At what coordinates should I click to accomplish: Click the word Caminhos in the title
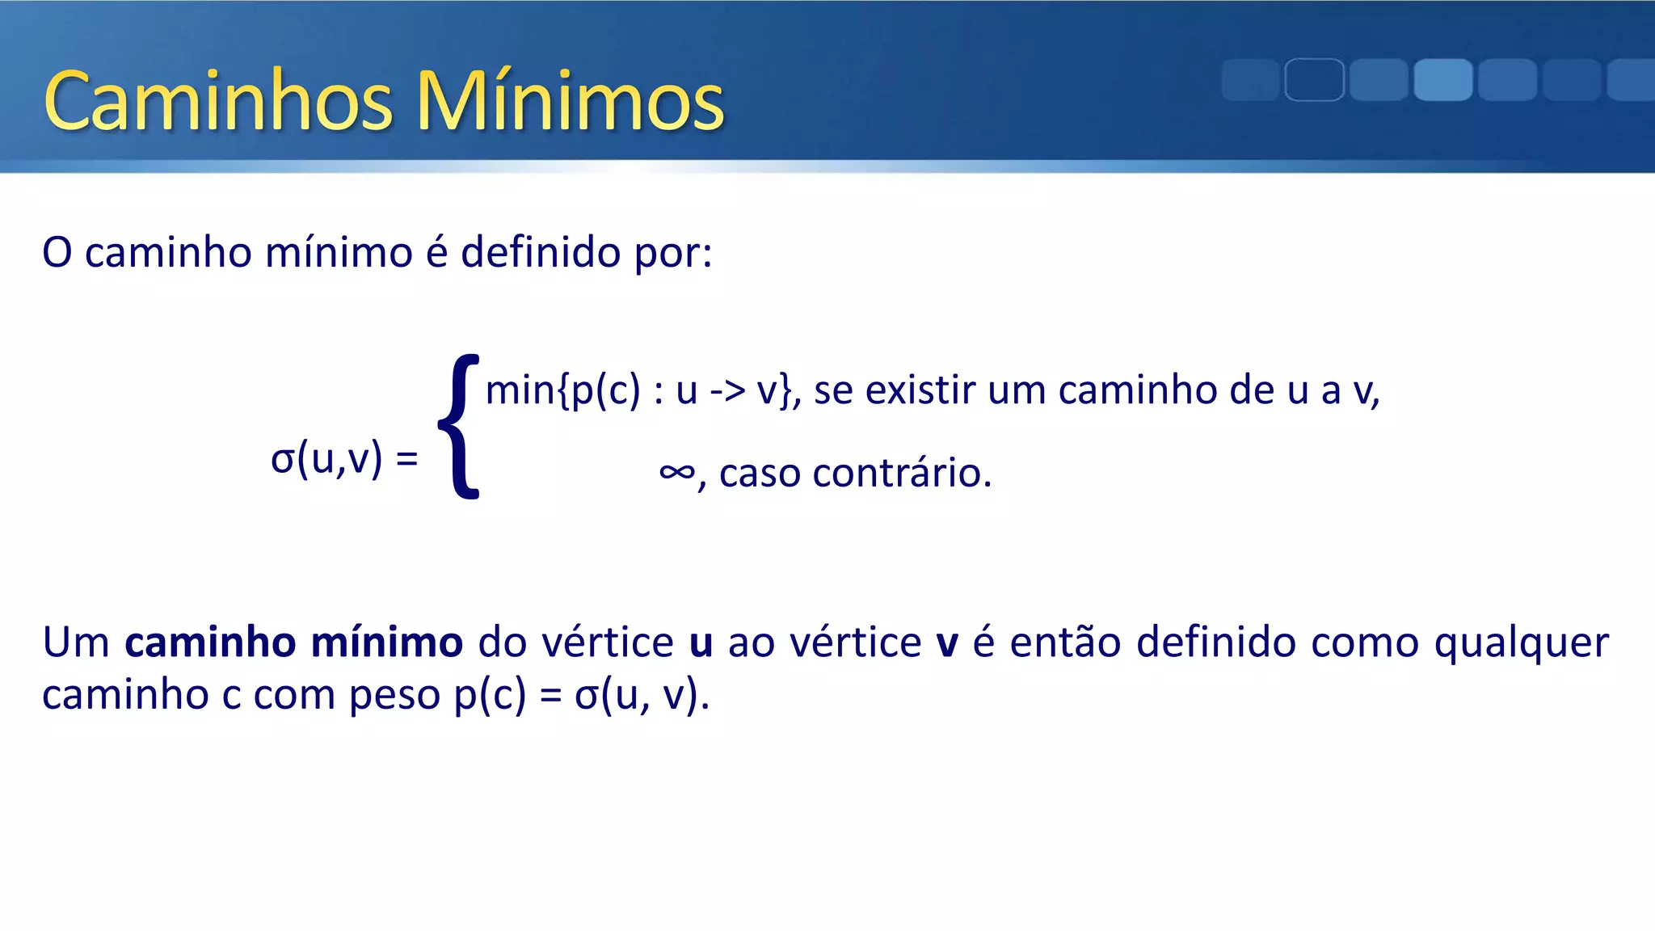[x=218, y=102]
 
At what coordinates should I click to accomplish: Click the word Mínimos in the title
[x=570, y=102]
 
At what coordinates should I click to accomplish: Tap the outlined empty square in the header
[x=1314, y=80]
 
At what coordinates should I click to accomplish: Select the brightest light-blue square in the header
[x=1442, y=80]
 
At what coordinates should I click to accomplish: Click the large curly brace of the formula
[x=459, y=427]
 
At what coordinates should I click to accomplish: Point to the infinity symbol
[x=676, y=472]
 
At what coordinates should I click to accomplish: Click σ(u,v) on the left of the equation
[x=326, y=459]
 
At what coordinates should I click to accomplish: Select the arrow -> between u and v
[x=726, y=391]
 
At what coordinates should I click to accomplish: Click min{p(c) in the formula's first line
[x=562, y=390]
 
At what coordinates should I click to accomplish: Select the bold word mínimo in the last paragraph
[x=386, y=642]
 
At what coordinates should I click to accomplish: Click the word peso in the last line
[x=394, y=695]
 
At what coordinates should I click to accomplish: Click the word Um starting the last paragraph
[x=76, y=642]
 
